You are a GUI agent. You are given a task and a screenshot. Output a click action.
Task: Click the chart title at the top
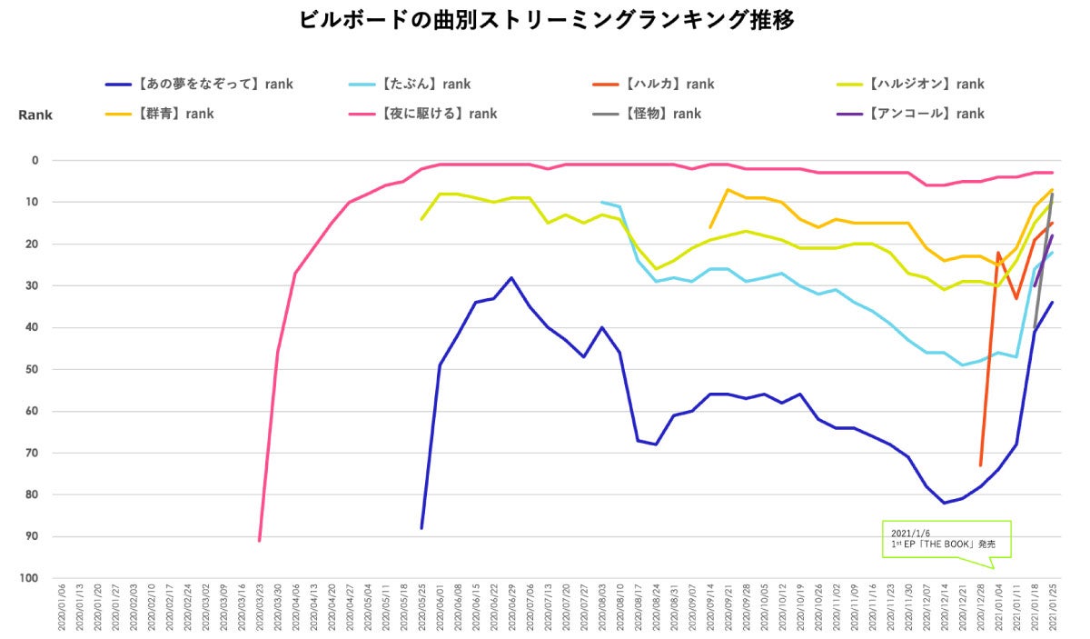click(546, 20)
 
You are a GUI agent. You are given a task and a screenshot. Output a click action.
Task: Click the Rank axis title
click(35, 115)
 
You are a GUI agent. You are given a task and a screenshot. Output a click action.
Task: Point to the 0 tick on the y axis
click(35, 161)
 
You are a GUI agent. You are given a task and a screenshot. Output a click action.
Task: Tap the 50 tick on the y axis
click(32, 370)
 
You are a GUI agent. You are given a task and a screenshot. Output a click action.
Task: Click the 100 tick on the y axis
click(29, 579)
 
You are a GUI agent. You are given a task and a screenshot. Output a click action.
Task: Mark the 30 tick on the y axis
click(32, 286)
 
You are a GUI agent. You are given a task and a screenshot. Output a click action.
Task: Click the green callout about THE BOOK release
click(946, 539)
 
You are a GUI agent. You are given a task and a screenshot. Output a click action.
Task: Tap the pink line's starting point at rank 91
click(260, 541)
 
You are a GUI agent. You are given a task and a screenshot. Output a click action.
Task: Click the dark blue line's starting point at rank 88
click(421, 528)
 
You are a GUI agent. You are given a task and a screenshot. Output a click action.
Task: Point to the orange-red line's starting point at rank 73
click(981, 465)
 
